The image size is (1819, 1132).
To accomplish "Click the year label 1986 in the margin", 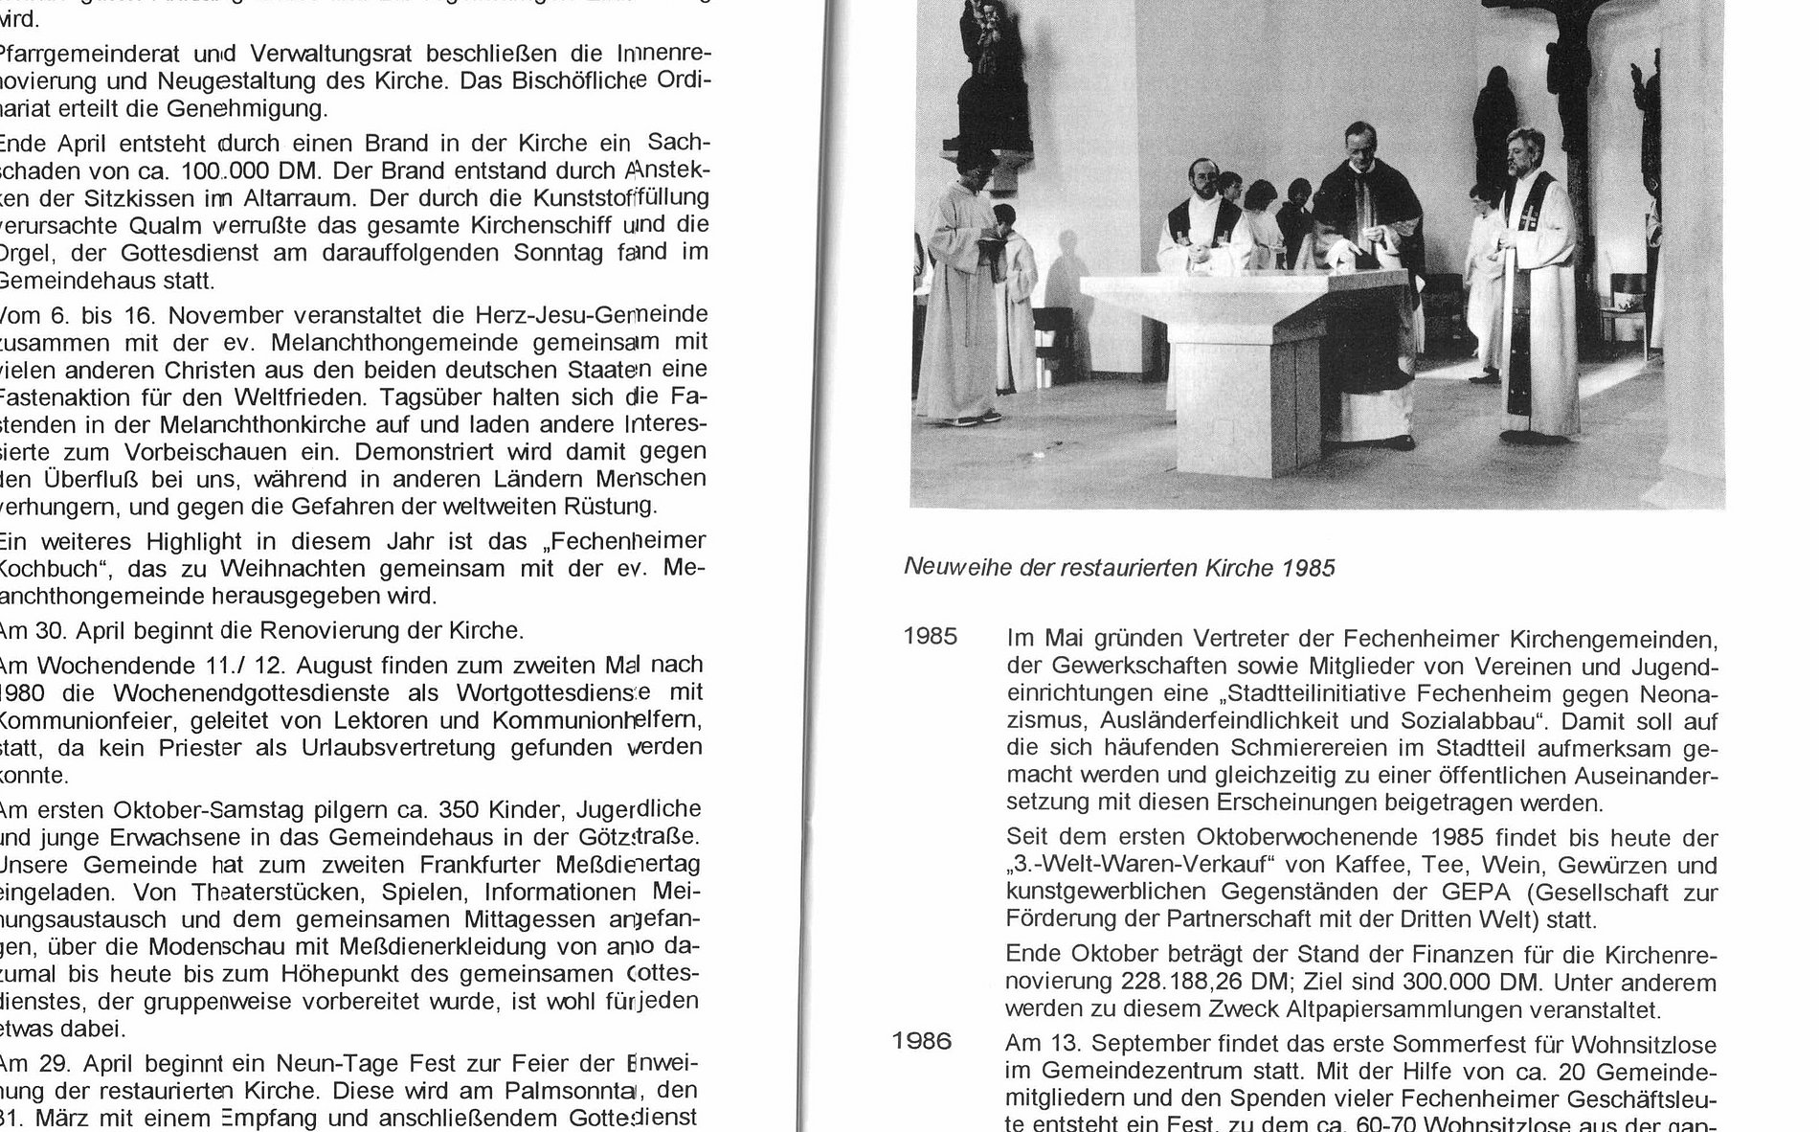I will pos(922,1041).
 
